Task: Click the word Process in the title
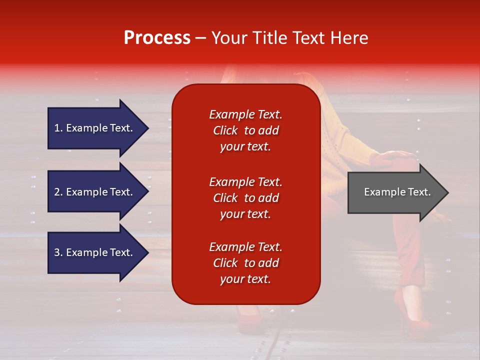157,38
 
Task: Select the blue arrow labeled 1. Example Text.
93,128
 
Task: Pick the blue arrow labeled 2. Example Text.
93,192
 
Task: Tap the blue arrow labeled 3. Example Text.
93,252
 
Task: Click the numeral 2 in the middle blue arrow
57,192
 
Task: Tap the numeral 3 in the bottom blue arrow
57,252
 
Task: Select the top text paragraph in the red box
245,130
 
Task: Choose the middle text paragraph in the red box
245,198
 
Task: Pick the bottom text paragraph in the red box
245,263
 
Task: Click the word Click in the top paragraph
225,130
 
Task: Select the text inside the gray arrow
397,192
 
